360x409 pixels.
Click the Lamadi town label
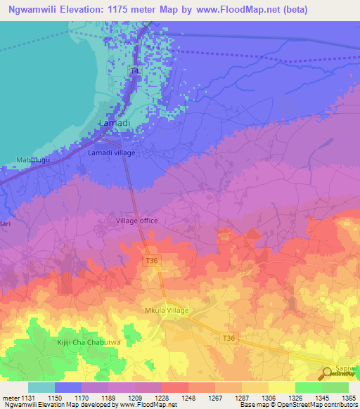(x=114, y=123)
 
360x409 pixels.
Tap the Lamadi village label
(x=111, y=152)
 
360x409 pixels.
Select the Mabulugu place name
(x=32, y=160)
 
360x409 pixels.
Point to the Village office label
(x=136, y=221)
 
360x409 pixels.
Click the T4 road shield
(x=134, y=72)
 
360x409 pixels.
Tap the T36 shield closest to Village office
(x=150, y=261)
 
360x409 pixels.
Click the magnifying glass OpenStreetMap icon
(x=328, y=373)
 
